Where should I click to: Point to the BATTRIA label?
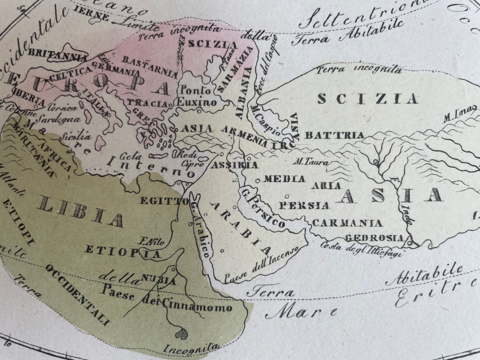tap(334, 135)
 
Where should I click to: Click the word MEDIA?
tap(285, 179)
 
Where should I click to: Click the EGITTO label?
tap(164, 201)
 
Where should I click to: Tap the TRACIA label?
tap(147, 103)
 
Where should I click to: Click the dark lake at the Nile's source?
tap(182, 332)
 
